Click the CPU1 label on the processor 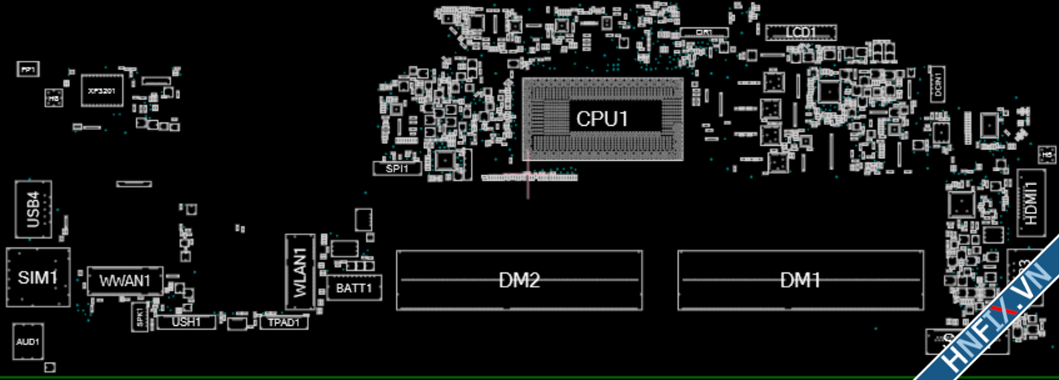point(602,118)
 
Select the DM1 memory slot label point(800,281)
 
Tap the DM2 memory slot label point(519,281)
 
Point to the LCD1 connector point(801,32)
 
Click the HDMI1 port point(1031,203)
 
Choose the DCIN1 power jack point(938,82)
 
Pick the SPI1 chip point(397,168)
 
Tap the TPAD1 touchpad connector point(284,322)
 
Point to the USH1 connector point(186,322)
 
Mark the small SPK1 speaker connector point(139,317)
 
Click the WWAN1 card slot point(125,280)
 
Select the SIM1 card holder point(38,277)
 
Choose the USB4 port point(33,209)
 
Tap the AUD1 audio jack point(28,341)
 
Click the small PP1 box point(28,69)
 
